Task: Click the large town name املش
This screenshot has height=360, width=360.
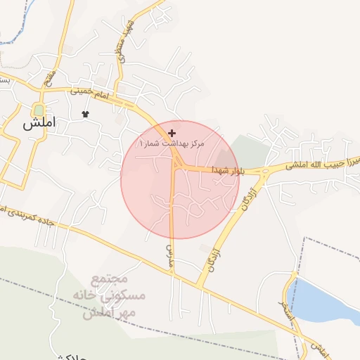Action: [x=38, y=124]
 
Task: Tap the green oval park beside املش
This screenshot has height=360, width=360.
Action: [x=38, y=110]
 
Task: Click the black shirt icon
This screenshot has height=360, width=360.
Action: [x=86, y=114]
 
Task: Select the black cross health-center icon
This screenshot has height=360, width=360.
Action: [x=172, y=133]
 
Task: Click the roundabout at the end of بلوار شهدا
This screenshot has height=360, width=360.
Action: [x=264, y=171]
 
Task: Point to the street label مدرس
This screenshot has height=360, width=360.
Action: [x=169, y=250]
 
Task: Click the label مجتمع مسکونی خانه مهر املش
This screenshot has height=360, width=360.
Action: [x=116, y=295]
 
